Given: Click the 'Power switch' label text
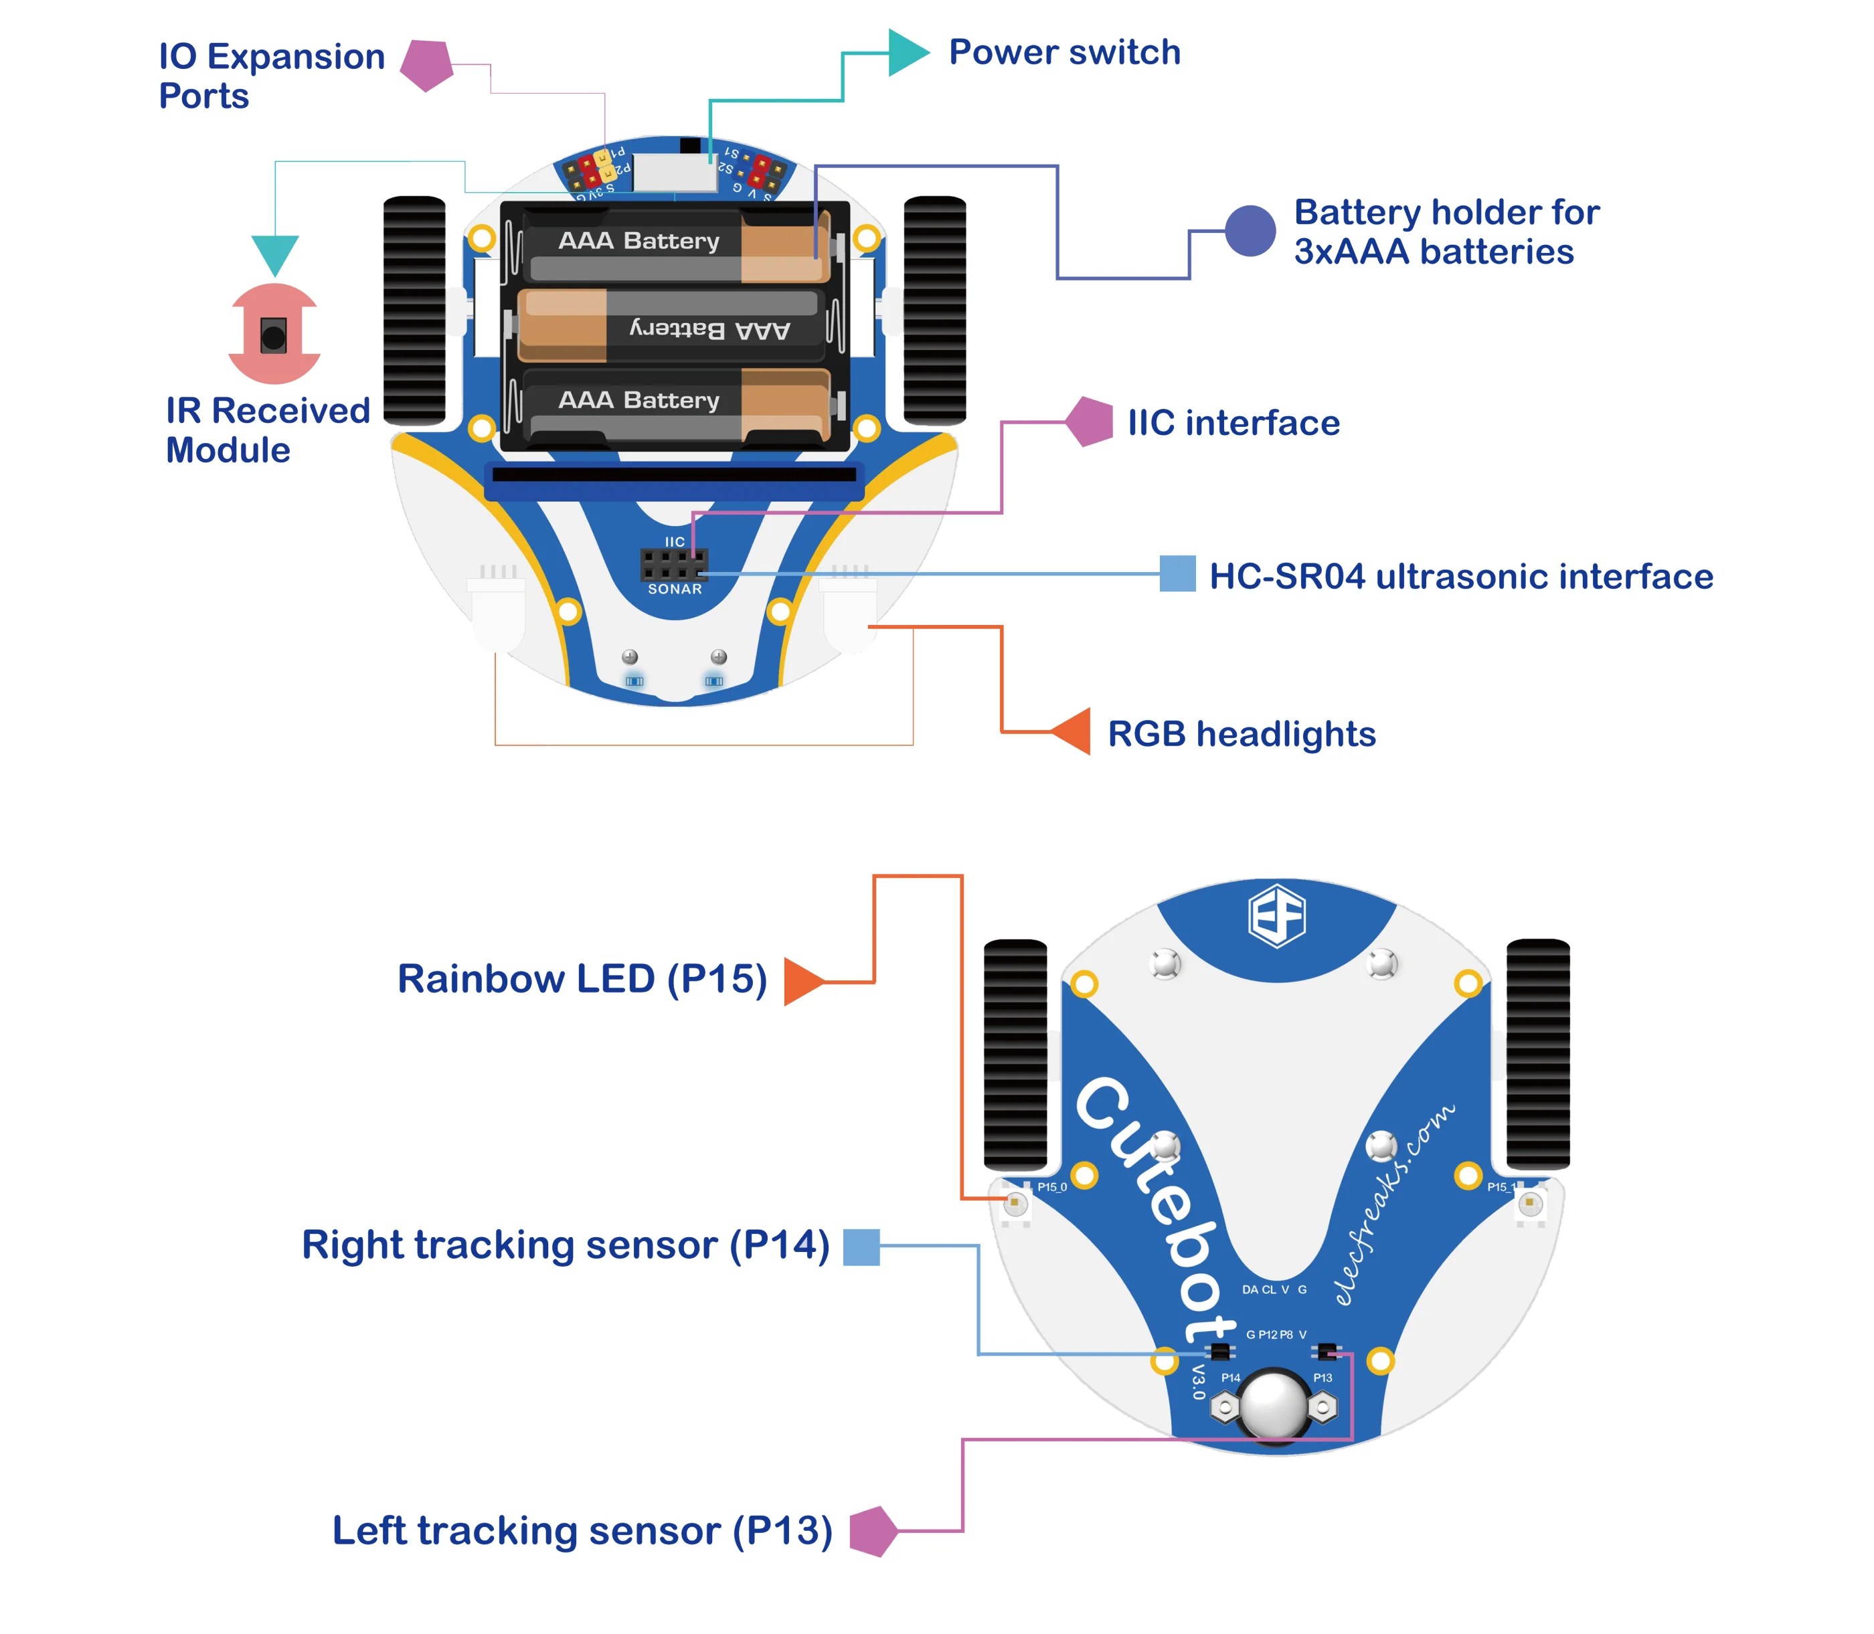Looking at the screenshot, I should [1063, 52].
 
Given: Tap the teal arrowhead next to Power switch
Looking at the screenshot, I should [905, 53].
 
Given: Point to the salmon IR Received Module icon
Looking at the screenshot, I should [274, 334].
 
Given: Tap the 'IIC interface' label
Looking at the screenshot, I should [1232, 423].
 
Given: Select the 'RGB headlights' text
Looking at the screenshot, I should [1240, 734].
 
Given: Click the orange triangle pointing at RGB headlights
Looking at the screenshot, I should [1074, 731].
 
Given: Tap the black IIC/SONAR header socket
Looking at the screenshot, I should [673, 565].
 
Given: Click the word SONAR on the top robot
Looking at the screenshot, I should [674, 589].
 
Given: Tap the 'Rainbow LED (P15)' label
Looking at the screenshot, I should [582, 980].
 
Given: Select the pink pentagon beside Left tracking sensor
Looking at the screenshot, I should [873, 1531].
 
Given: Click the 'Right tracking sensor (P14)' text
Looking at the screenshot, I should [566, 1245].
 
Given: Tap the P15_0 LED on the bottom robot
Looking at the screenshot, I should [1014, 1204].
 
